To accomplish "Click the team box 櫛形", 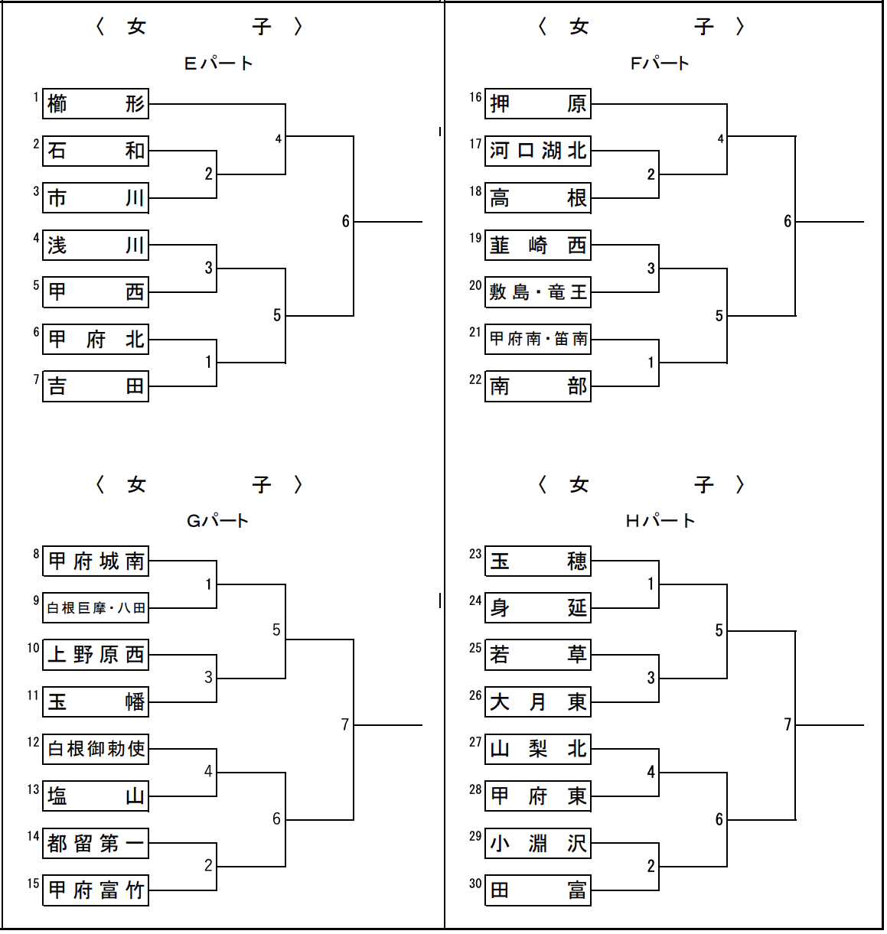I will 96,104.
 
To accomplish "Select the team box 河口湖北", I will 538,151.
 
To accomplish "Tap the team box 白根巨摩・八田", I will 96,608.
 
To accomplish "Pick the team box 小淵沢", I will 538,844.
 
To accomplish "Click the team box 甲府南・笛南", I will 538,339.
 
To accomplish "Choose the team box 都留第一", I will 96,844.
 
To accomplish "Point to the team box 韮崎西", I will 538,246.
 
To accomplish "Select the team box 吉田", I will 96,386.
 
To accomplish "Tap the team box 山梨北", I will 538,749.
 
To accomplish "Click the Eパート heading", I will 219,63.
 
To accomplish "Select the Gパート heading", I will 218,521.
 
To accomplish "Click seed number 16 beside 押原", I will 475,97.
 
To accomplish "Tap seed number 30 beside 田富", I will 475,884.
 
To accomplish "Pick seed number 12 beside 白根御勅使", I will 33,742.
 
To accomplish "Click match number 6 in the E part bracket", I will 345,221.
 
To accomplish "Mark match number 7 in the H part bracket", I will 787,724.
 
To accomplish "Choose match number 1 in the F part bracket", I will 651,362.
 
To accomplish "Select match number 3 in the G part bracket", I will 208,677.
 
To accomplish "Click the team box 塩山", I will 96,796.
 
